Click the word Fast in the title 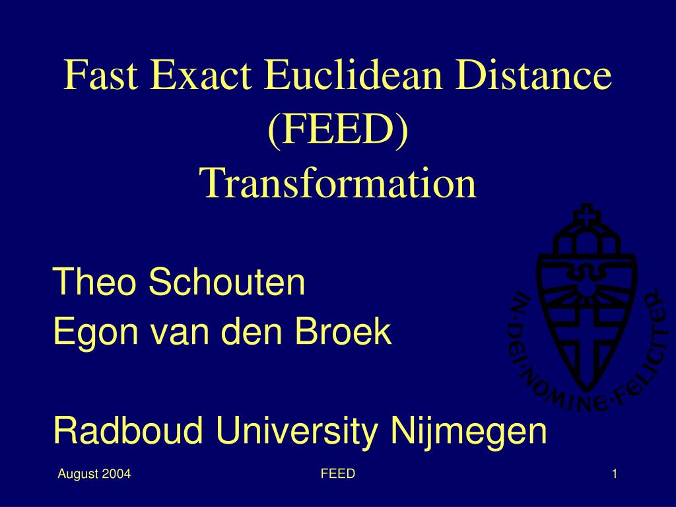click(101, 75)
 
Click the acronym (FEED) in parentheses click(338, 129)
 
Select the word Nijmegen click(469, 432)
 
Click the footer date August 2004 click(94, 474)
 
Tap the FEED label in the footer click(338, 473)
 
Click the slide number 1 click(615, 474)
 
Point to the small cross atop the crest click(586, 215)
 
